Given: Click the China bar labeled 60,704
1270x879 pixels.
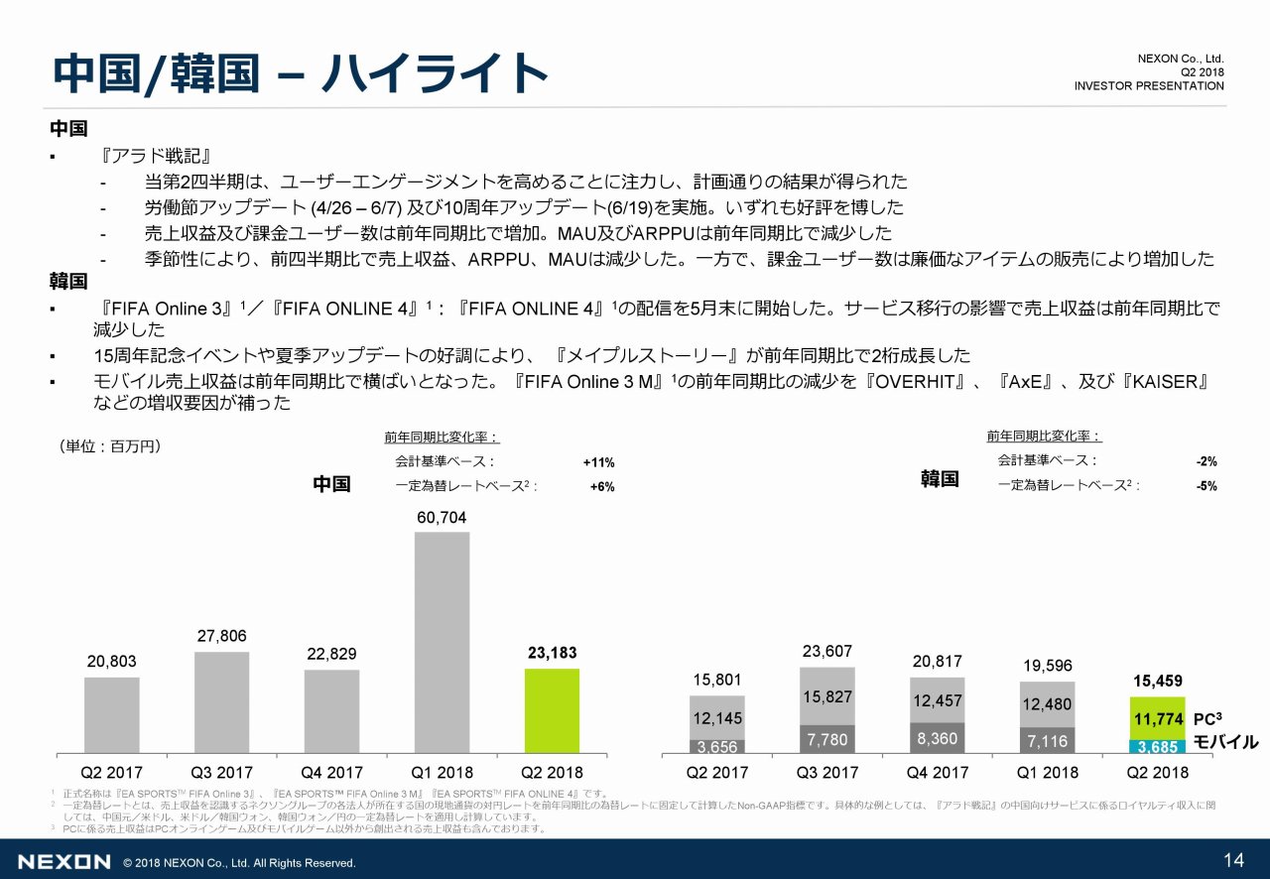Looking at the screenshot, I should coord(443,641).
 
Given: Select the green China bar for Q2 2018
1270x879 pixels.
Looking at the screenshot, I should coord(552,710).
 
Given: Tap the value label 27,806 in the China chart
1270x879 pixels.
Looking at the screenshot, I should coord(221,636).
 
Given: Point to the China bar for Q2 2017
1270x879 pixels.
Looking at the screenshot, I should coord(112,714).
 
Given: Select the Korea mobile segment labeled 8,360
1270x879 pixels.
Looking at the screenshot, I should coord(937,738).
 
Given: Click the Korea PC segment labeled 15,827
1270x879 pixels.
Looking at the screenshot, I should coord(826,696).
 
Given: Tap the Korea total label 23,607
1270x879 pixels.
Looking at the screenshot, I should coord(827,652).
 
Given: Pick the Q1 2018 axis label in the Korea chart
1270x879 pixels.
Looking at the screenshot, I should coord(1047,772).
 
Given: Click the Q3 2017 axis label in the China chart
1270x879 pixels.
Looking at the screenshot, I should coord(222,772).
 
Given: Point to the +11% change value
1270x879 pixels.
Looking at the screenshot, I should coord(598,462).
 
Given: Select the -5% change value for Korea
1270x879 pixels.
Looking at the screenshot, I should coord(1206,486).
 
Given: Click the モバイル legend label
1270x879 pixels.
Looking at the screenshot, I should coord(1225,742).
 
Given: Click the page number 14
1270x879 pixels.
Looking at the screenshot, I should coord(1234,859).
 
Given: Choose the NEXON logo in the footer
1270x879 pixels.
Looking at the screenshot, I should coord(63,861).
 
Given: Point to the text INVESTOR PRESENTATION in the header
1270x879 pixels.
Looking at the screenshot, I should coord(1148,86).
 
